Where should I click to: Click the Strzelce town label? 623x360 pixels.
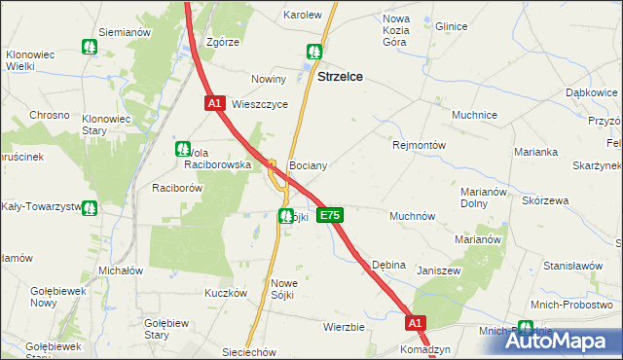click(341, 78)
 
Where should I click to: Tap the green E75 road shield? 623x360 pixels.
click(330, 215)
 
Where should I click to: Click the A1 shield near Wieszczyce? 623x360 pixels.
click(215, 102)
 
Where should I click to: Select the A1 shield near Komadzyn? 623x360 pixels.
click(416, 323)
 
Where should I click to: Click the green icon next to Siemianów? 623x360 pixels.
click(90, 46)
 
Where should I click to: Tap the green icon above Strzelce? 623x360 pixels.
click(314, 52)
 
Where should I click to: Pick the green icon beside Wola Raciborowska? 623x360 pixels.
click(182, 149)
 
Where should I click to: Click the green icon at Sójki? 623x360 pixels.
click(285, 216)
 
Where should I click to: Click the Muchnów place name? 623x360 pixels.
click(412, 216)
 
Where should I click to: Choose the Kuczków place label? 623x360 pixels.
click(223, 293)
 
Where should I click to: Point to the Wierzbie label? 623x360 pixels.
click(344, 327)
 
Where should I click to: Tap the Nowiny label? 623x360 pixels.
click(268, 79)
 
